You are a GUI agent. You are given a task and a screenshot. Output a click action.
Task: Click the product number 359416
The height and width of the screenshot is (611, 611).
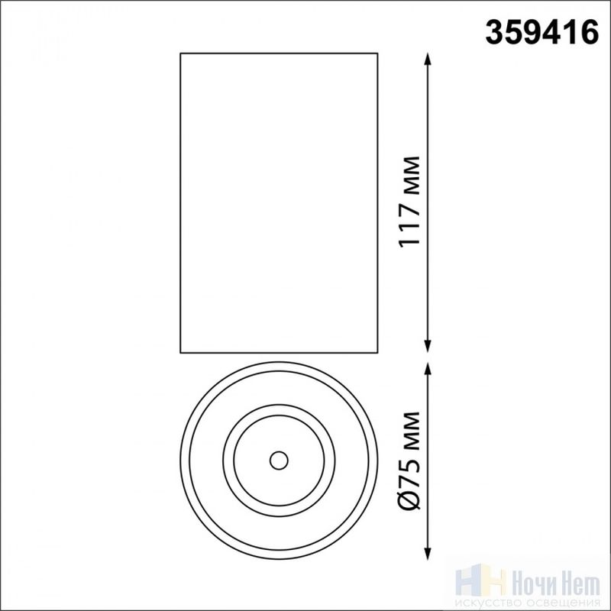[x=541, y=33]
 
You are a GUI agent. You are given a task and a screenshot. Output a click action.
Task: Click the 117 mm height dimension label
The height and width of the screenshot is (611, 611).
[x=409, y=202]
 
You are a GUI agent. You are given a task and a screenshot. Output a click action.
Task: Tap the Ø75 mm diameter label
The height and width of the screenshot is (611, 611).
[x=409, y=461]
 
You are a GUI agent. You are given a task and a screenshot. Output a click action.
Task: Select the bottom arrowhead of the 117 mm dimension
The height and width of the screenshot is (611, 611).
[x=428, y=346]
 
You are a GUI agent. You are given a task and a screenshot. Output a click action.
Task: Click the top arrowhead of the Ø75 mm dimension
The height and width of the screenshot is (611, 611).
[x=428, y=369]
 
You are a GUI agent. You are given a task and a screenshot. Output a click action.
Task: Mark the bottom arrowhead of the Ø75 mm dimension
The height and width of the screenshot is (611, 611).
[x=428, y=553]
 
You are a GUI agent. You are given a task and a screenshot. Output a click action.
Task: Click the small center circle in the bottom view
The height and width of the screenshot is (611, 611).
[x=279, y=461]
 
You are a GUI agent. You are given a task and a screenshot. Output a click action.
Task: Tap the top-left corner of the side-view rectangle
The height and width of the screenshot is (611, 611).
[x=180, y=53]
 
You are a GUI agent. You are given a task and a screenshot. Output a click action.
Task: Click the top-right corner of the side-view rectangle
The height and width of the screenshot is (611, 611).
[x=377, y=53]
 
